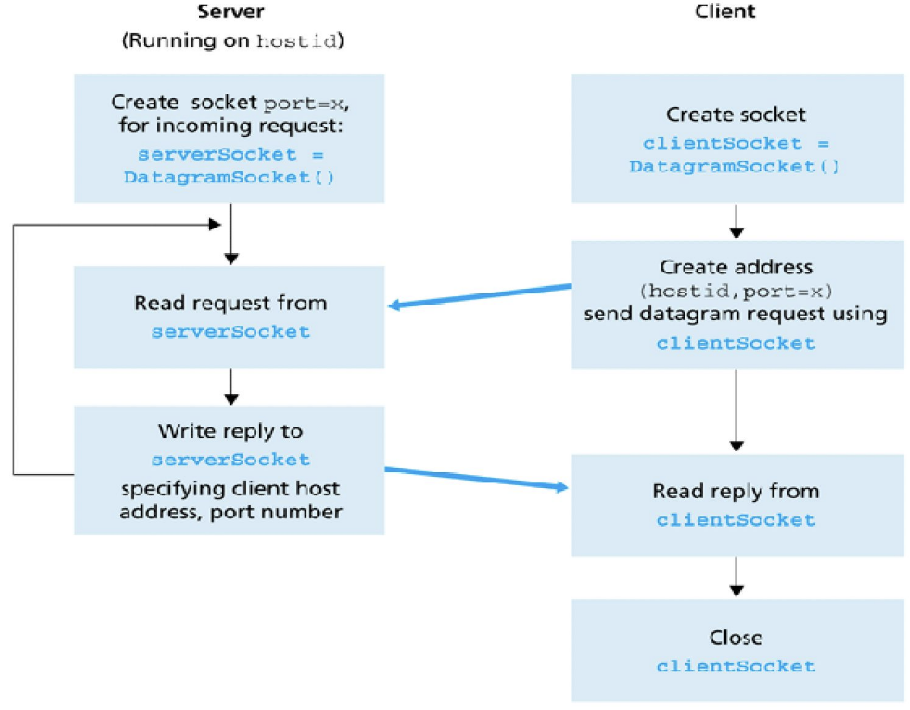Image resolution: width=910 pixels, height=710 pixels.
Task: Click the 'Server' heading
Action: point(231,11)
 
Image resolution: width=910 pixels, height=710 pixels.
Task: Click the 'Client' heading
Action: point(724,11)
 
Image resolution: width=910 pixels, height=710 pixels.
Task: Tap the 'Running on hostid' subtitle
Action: point(232,40)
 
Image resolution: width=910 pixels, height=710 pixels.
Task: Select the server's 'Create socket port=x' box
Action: point(229,138)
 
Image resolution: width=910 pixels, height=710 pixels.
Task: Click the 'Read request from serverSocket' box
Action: point(229,317)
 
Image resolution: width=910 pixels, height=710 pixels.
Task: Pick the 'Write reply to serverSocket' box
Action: point(229,470)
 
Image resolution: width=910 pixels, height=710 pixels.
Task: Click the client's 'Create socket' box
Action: point(737,138)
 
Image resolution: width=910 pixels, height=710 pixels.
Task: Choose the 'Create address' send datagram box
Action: point(737,305)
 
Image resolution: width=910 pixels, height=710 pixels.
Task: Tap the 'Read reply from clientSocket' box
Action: point(737,505)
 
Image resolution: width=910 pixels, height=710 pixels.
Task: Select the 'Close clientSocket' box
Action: point(737,650)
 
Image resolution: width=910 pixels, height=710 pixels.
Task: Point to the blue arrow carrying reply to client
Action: point(477,478)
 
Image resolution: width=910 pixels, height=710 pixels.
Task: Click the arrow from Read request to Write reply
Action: point(231,386)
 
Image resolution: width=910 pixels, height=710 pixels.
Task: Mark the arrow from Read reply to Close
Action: point(736,576)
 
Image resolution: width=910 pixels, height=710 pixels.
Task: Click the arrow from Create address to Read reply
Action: point(736,410)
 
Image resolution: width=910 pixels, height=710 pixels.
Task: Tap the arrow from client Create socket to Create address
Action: point(736,221)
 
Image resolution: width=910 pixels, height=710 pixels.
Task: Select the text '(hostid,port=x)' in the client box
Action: point(736,291)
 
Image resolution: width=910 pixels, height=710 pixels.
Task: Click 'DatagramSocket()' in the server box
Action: point(229,177)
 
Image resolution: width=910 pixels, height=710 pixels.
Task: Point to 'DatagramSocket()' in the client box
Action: point(735,166)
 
